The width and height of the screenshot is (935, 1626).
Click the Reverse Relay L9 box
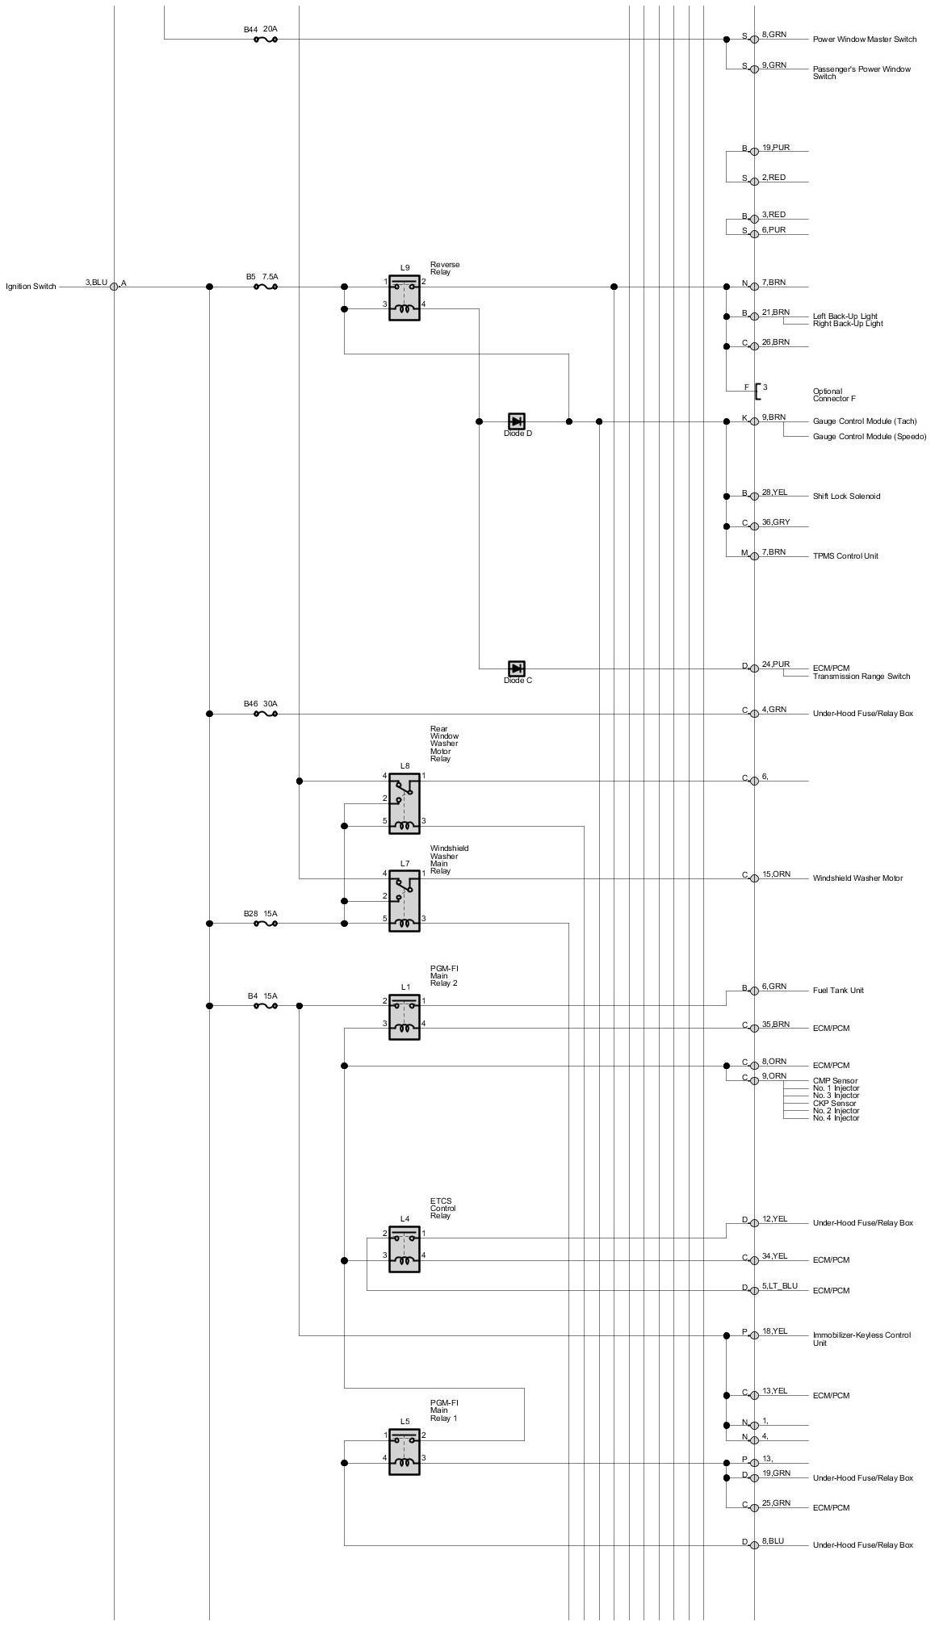[404, 297]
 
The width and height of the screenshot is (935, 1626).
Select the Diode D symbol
[516, 421]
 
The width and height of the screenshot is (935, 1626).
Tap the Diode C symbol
[516, 668]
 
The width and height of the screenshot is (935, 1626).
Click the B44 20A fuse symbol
[265, 39]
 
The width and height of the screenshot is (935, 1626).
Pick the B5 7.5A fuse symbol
[265, 287]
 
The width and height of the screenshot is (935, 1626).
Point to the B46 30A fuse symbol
[265, 714]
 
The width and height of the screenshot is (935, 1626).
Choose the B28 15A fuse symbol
[265, 924]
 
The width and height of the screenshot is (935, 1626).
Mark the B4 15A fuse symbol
[265, 1006]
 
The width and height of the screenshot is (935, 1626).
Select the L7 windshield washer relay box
[404, 900]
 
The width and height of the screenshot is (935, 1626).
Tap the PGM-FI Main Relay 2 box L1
[404, 1016]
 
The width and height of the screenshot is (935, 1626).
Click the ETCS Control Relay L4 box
[404, 1249]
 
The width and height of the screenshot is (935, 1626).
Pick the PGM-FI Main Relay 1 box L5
[404, 1452]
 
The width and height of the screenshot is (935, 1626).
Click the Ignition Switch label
[31, 287]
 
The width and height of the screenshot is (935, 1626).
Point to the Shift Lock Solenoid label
[846, 497]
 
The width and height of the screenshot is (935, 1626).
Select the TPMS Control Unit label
[845, 556]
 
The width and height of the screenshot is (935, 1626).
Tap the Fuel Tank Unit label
[838, 991]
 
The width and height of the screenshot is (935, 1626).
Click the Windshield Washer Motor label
[857, 878]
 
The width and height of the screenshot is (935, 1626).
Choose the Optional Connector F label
[834, 396]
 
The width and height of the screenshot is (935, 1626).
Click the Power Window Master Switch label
[864, 40]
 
